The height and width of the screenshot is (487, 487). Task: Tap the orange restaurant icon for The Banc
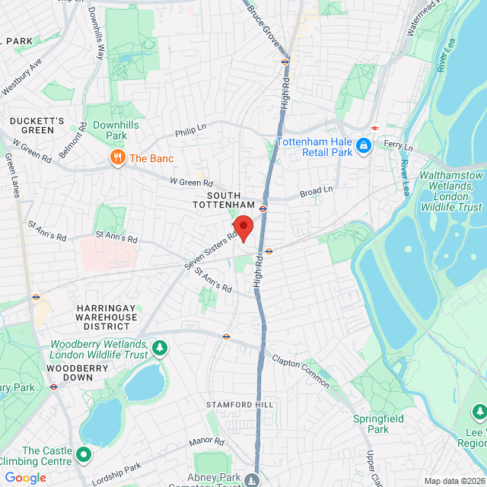116,158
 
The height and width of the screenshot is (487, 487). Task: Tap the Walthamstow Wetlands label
450,190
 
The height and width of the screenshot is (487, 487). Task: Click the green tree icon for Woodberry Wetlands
160,349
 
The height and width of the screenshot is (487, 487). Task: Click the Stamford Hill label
238,404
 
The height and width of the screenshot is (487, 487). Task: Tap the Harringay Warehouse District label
107,317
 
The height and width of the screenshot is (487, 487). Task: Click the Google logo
25,478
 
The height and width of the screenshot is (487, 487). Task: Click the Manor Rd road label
206,441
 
